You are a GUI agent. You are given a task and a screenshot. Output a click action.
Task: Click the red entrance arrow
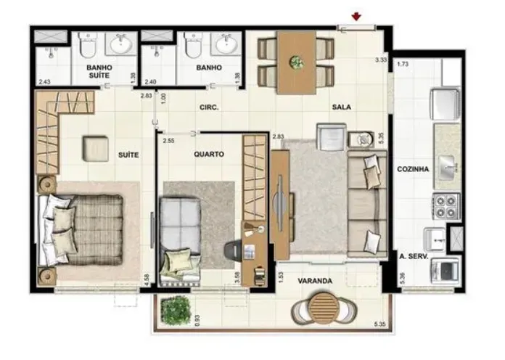pos(356,17)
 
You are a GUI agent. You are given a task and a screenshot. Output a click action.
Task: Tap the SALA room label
pos(342,107)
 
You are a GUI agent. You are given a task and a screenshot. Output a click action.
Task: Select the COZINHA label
pos(413,169)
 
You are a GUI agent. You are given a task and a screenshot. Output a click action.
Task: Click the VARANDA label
pos(315,281)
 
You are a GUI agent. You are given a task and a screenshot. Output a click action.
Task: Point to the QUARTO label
pos(209,155)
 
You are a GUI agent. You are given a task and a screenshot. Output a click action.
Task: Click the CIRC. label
pos(209,107)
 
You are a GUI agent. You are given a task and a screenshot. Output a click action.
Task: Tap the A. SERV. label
pos(414,257)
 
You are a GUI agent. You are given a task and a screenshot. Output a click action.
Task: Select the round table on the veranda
pos(324,308)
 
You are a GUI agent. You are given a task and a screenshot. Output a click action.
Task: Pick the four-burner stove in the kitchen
pos(446,206)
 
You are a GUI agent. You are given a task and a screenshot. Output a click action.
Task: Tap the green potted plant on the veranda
pos(175,310)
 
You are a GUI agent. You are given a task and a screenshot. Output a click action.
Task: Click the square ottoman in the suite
pos(95,149)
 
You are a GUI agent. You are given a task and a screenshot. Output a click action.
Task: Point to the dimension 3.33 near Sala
pos(380,60)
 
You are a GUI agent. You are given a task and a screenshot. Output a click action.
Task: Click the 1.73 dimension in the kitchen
pos(403,64)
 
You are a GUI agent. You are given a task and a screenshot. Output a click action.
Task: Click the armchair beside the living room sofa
pos(332,136)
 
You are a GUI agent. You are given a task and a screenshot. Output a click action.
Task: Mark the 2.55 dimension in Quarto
pos(169,141)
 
